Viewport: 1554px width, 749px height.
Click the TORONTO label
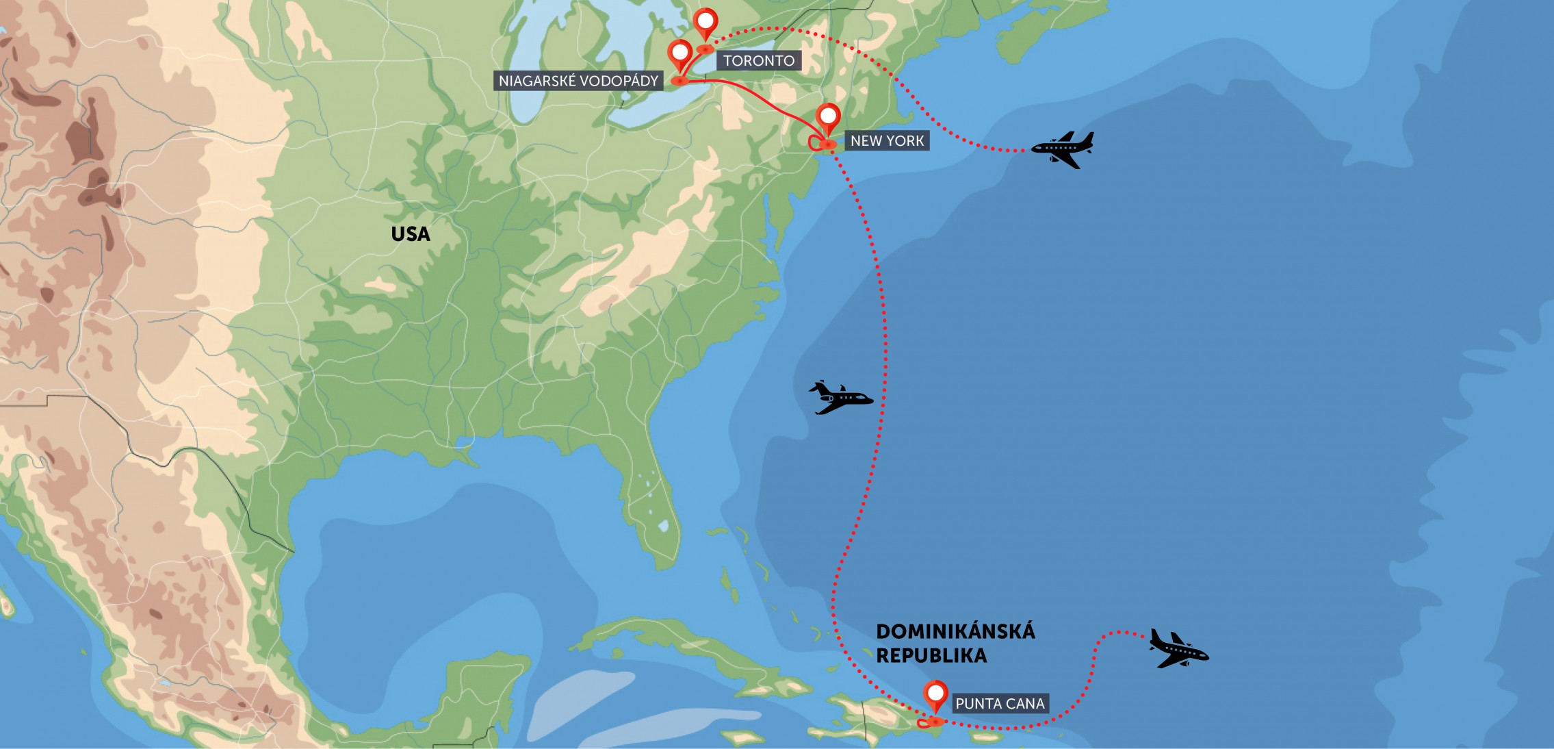758,61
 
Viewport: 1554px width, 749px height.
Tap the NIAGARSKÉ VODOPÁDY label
578,81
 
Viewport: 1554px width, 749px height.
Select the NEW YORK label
887,141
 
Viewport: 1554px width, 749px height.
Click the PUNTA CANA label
999,704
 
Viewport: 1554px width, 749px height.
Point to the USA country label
411,234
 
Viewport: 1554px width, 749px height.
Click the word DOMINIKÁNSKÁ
955,631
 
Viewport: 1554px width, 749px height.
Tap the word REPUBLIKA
931,656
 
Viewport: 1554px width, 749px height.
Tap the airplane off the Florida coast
840,398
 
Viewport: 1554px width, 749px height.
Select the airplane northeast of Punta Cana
1178,648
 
